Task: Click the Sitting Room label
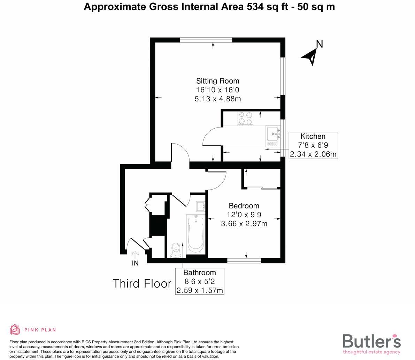(x=217, y=81)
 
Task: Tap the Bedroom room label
(x=244, y=206)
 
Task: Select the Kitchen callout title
(x=313, y=137)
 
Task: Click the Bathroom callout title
(x=200, y=273)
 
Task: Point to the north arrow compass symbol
(x=310, y=56)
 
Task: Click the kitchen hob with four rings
(x=245, y=118)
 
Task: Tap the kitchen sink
(x=273, y=133)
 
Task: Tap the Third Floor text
(x=142, y=284)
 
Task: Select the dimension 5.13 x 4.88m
(x=217, y=99)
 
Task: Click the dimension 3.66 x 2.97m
(x=244, y=224)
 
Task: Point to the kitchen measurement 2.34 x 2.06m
(x=313, y=154)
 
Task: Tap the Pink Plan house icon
(x=15, y=329)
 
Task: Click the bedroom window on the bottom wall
(x=244, y=260)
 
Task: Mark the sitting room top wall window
(x=206, y=40)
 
